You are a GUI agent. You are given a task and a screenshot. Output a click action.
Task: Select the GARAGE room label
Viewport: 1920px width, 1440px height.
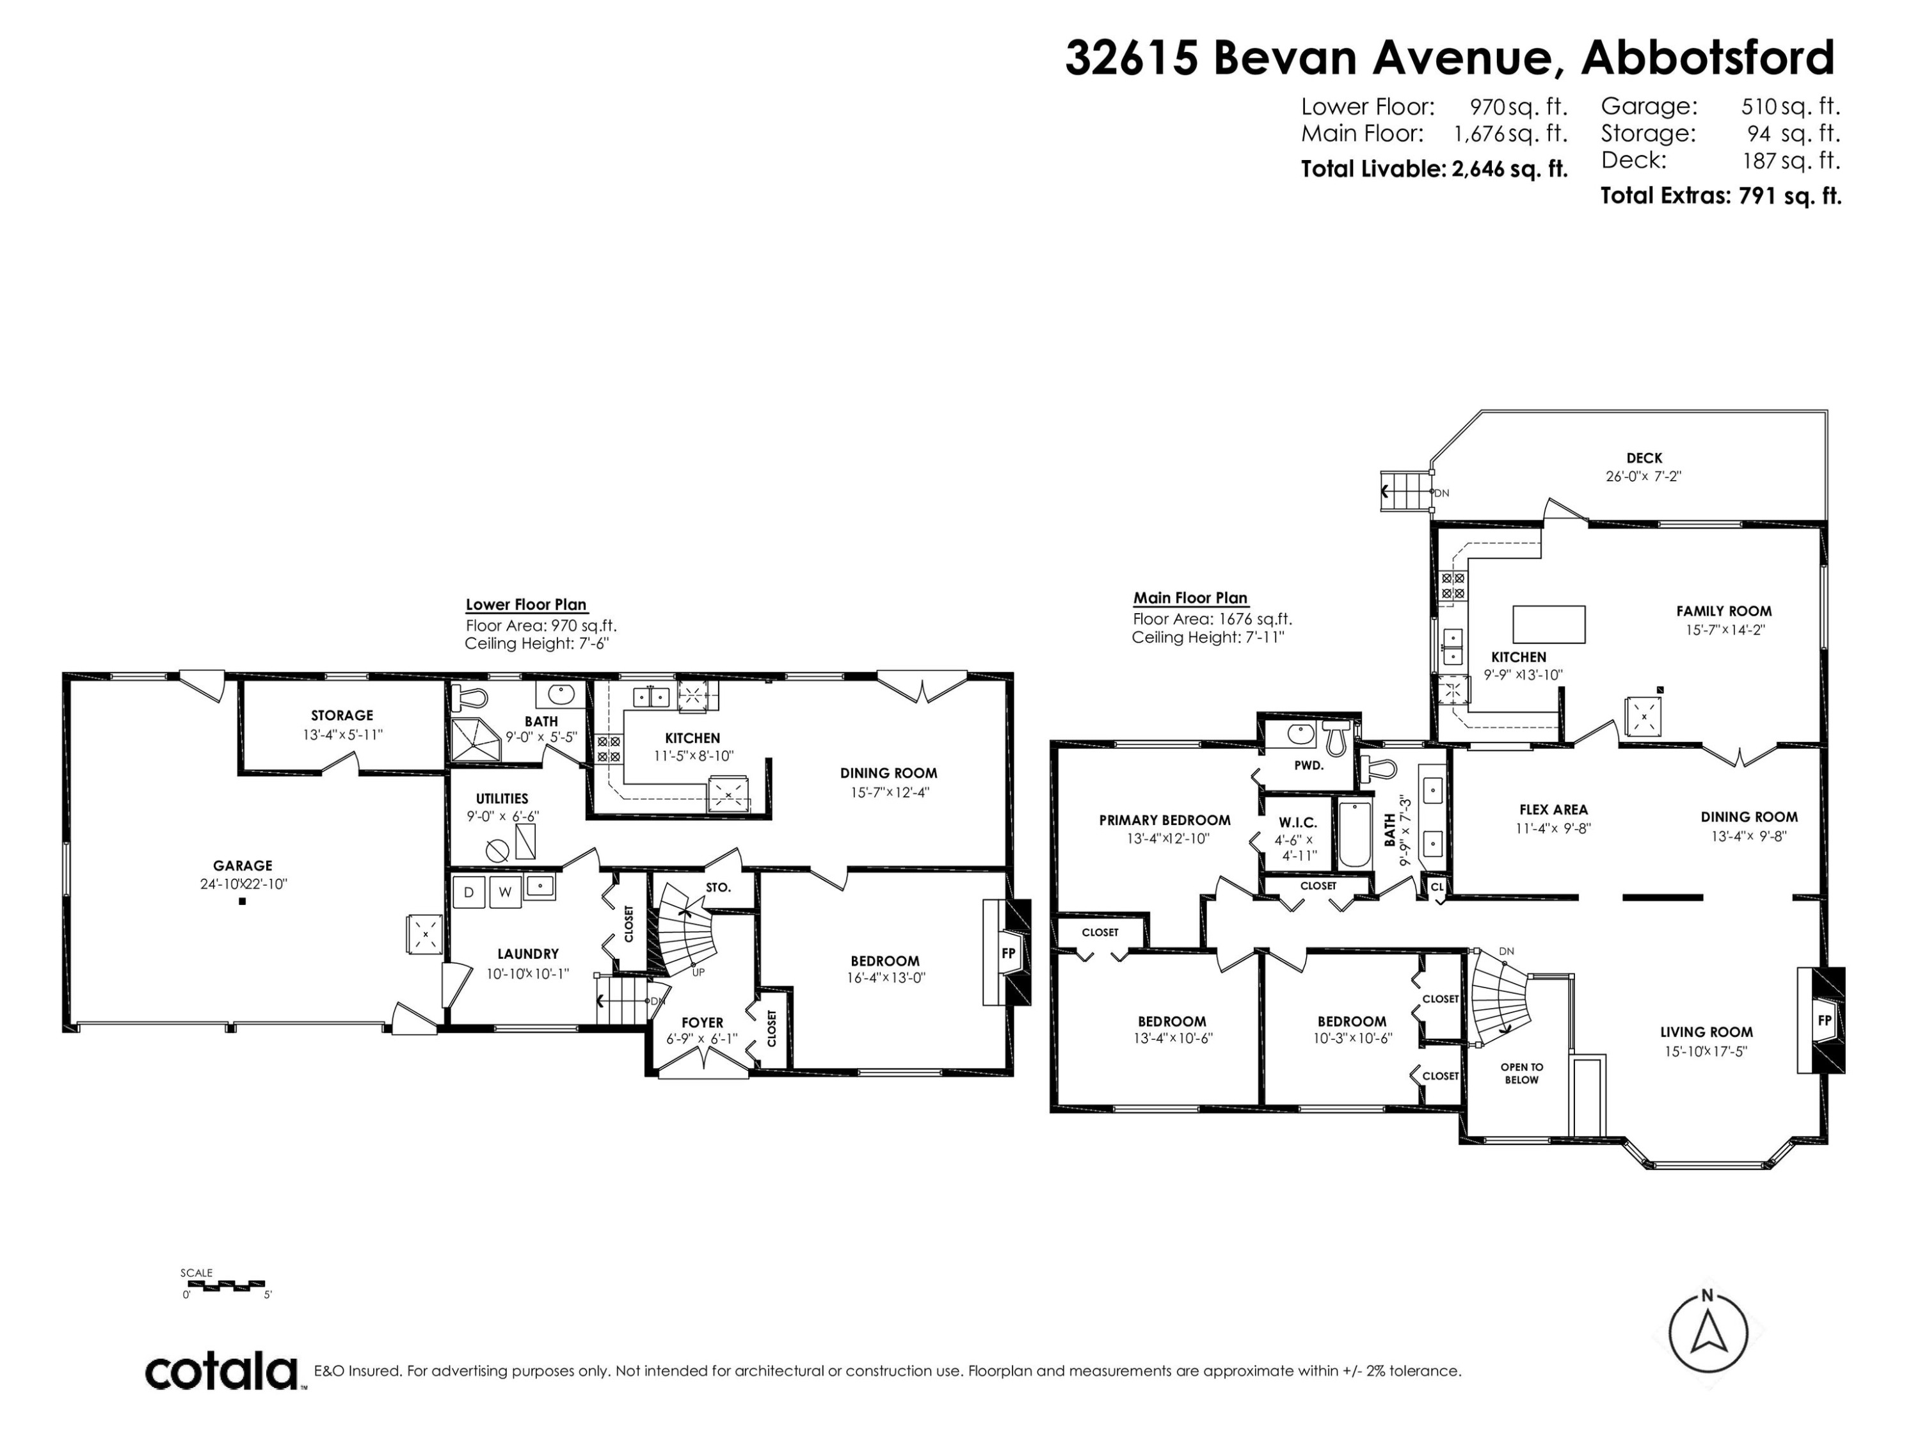click(243, 865)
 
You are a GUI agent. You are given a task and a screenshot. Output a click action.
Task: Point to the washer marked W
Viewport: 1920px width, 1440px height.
click(504, 892)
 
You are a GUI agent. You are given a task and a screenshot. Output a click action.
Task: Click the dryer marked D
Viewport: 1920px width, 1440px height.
click(468, 892)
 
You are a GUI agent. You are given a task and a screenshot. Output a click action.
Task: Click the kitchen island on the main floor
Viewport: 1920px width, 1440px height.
click(1549, 624)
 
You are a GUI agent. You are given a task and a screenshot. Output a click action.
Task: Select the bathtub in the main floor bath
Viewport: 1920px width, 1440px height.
click(1354, 835)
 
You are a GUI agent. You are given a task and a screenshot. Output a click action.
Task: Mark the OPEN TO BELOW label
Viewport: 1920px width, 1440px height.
click(1521, 1074)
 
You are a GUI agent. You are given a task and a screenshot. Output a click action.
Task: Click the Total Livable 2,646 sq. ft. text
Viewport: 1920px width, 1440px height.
click(1434, 168)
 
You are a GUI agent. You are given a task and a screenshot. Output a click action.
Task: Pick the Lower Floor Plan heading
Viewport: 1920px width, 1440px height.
click(526, 605)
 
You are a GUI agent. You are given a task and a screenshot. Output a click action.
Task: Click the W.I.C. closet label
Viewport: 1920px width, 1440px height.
click(1298, 822)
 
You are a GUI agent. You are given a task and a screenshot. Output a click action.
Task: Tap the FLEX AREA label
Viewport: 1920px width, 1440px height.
click(1553, 810)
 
